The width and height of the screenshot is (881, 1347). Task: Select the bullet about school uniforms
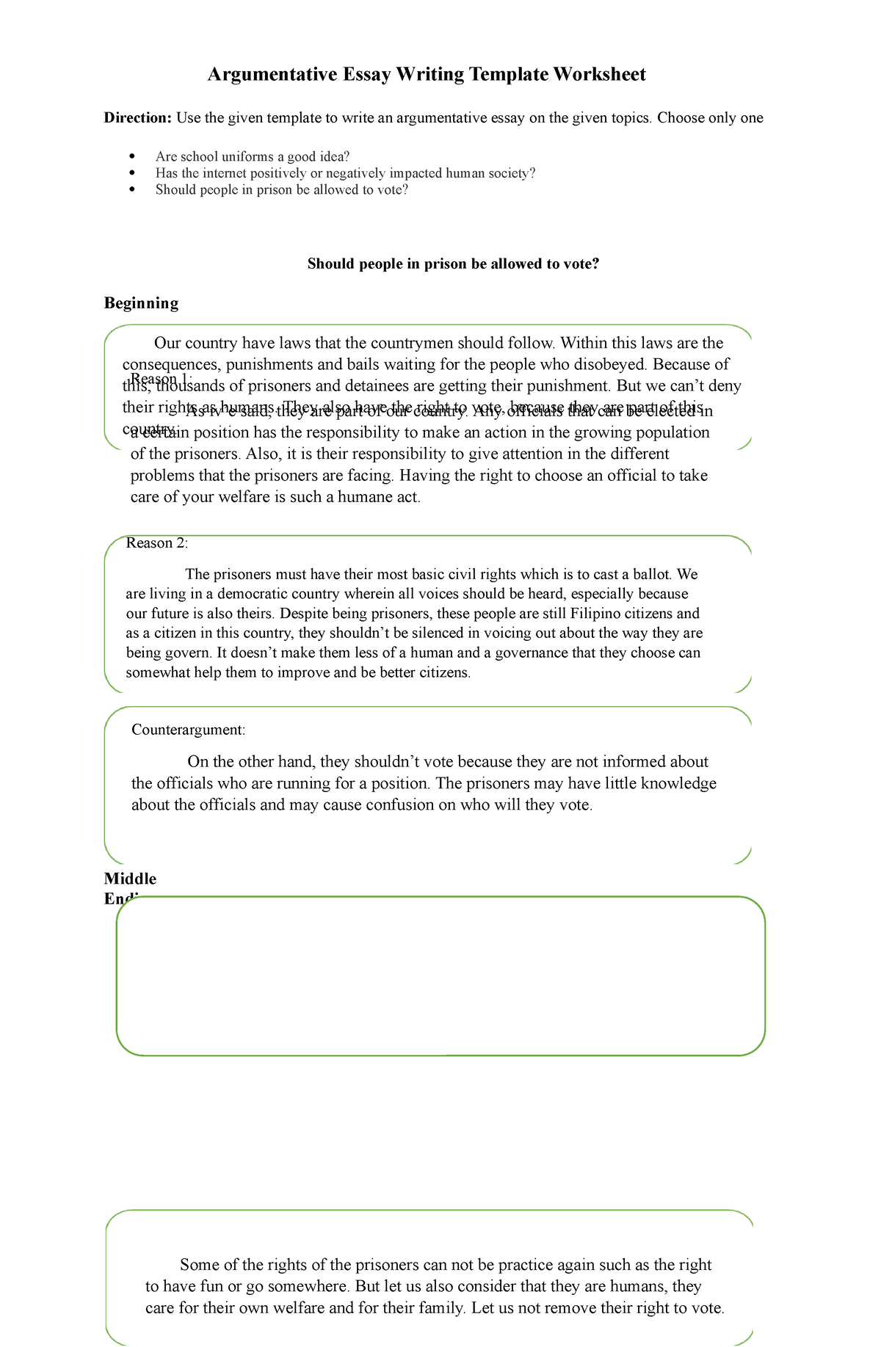click(x=253, y=156)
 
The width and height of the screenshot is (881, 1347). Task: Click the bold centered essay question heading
click(x=454, y=264)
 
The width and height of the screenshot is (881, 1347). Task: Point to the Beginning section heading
click(x=141, y=303)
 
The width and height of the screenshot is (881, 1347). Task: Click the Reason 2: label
click(x=157, y=543)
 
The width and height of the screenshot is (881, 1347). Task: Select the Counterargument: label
click(x=188, y=730)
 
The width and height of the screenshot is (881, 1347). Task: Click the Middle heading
click(x=130, y=879)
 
